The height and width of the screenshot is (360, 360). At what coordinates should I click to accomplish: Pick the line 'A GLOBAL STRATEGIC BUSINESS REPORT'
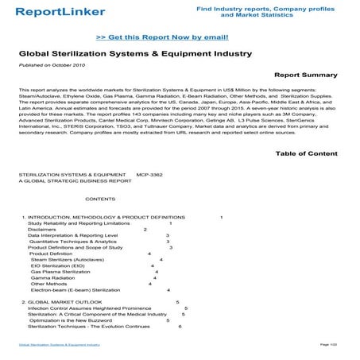click(x=75, y=180)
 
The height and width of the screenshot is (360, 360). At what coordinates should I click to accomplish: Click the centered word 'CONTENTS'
click(x=100, y=199)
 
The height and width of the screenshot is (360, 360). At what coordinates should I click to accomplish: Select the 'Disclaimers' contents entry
click(x=42, y=230)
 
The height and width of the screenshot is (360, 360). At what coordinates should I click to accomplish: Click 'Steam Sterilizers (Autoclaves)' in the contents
click(x=68, y=259)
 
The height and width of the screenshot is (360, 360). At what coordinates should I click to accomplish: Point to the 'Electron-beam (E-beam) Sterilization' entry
click(x=75, y=290)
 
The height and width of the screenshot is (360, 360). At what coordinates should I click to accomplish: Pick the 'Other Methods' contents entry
click(x=49, y=284)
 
